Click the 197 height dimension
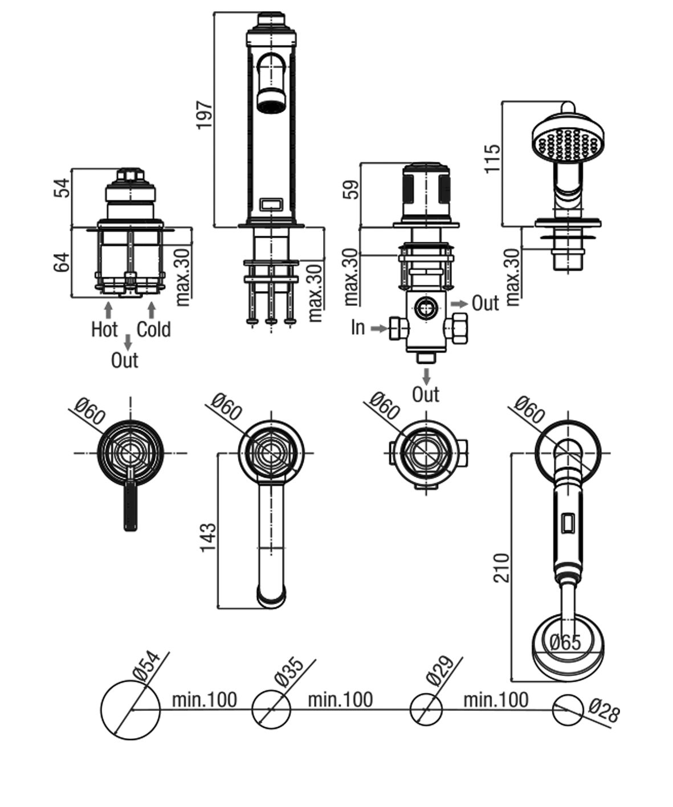pyautogui.click(x=204, y=114)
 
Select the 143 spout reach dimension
pyautogui.click(x=208, y=537)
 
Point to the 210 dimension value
pyautogui.click(x=501, y=567)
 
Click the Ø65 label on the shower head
pyautogui.click(x=565, y=642)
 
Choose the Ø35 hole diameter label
pyautogui.click(x=287, y=671)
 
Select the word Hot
pyautogui.click(x=104, y=329)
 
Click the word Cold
pyautogui.click(x=153, y=329)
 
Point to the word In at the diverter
pyautogui.click(x=357, y=327)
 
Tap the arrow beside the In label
pyautogui.click(x=379, y=328)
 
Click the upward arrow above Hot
pyautogui.click(x=108, y=310)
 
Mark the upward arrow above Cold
pyautogui.click(x=151, y=310)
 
